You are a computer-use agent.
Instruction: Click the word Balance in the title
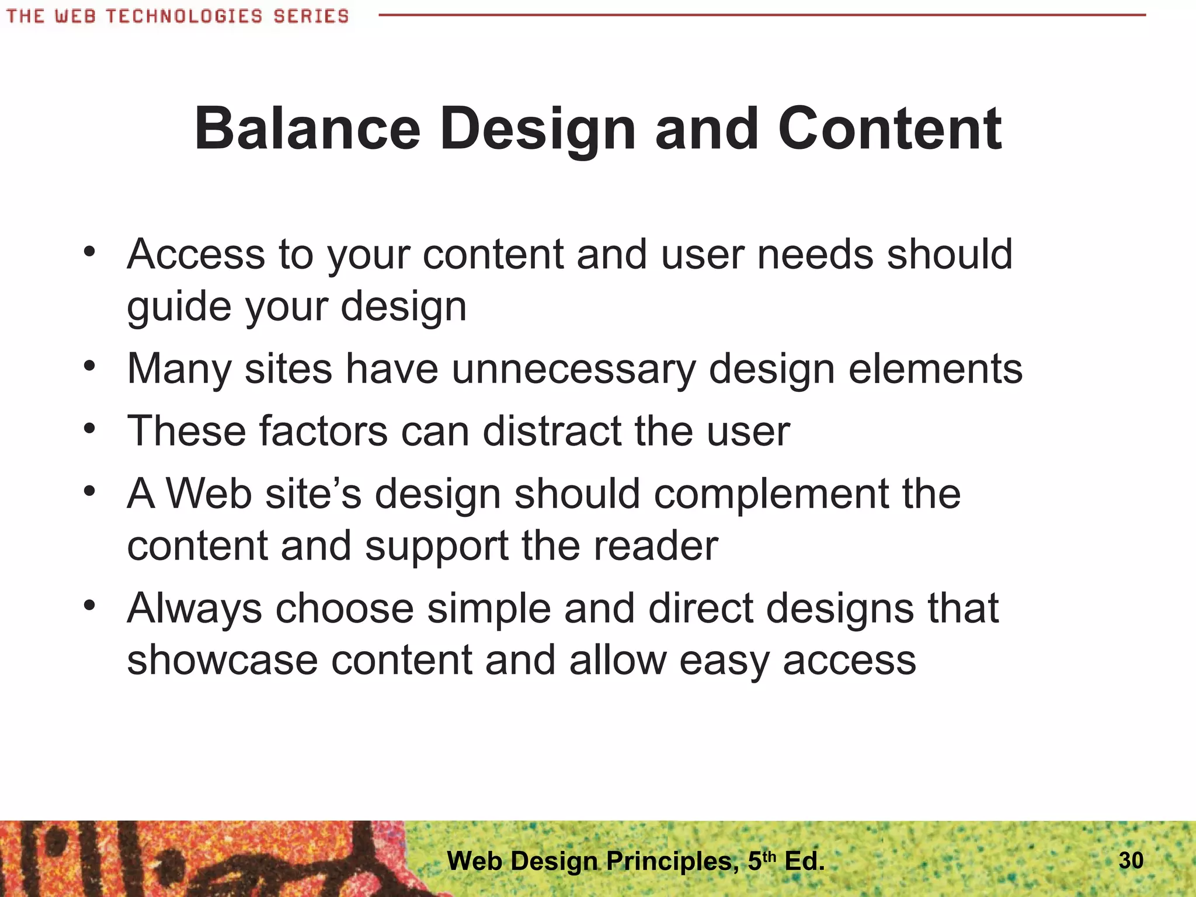coord(307,129)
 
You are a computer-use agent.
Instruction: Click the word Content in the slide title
coord(889,129)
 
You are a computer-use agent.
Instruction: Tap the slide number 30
coord(1131,860)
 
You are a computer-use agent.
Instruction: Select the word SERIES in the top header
coord(311,16)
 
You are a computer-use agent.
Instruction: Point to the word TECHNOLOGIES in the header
coord(184,16)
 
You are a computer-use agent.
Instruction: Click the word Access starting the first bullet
coord(196,255)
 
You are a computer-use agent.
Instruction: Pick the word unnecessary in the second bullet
coord(574,370)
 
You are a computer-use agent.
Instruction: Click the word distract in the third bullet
coord(552,432)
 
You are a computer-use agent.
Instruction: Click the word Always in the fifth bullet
coord(194,609)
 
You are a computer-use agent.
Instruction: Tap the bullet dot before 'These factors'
coord(89,429)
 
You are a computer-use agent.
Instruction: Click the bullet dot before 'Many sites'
coord(89,367)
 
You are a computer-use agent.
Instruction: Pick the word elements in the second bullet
coord(935,370)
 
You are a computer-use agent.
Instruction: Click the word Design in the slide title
coord(537,130)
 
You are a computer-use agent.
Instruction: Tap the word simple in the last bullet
coord(489,609)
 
